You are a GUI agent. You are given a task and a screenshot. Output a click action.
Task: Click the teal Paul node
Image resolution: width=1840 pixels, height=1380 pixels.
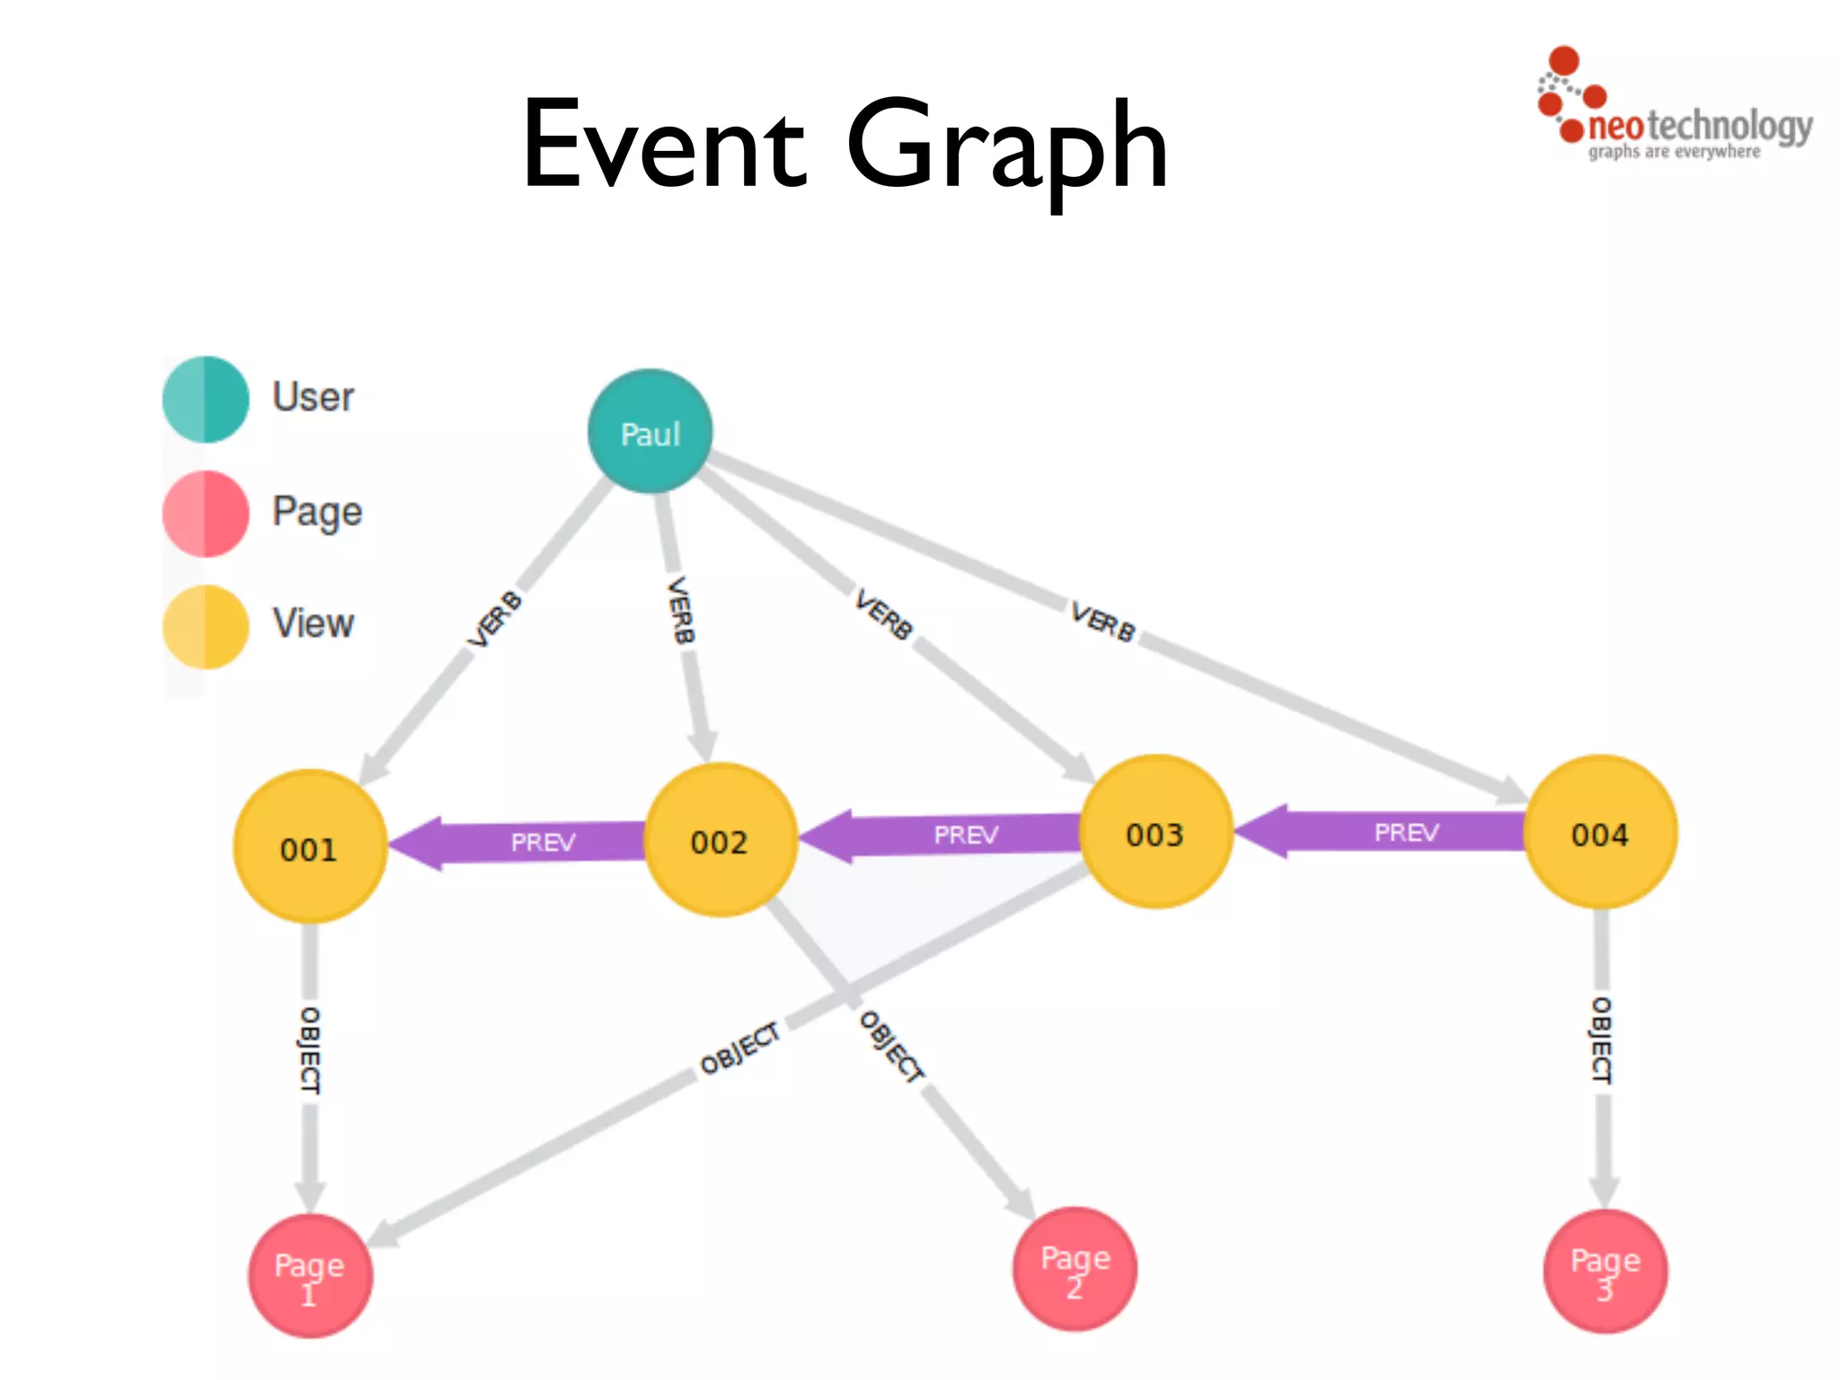pyautogui.click(x=650, y=432)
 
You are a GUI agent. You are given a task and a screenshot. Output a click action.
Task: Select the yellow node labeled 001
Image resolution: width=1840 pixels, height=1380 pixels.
pyautogui.click(x=310, y=847)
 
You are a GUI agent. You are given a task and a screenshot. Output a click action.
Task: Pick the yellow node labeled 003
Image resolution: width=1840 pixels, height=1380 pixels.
pyautogui.click(x=1155, y=833)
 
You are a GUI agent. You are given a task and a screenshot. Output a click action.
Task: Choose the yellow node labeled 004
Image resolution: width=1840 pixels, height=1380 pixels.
pyautogui.click(x=1600, y=833)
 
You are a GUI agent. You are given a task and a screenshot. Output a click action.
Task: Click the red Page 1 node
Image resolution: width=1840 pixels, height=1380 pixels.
pyautogui.click(x=310, y=1276)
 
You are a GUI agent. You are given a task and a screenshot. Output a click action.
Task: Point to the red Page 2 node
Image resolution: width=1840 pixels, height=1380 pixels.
pyautogui.click(x=1075, y=1269)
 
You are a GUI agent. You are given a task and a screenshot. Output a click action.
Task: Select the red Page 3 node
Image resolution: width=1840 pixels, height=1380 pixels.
pyautogui.click(x=1605, y=1271)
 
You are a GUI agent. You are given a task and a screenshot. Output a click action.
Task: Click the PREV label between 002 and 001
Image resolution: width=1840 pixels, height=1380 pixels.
pyautogui.click(x=543, y=843)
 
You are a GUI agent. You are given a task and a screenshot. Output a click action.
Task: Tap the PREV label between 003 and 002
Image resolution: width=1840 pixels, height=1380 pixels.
pyautogui.click(x=966, y=836)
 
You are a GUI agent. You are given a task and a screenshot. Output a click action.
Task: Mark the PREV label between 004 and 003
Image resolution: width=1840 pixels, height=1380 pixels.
pyautogui.click(x=1406, y=833)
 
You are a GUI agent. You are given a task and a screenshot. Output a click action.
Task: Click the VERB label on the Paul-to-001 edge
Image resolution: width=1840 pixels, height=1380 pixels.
pyautogui.click(x=494, y=619)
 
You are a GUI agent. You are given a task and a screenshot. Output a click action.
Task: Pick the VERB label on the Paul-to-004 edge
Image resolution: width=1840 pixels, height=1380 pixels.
pyautogui.click(x=1102, y=622)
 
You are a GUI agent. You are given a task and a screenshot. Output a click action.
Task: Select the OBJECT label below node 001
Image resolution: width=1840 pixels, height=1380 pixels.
pyautogui.click(x=309, y=1049)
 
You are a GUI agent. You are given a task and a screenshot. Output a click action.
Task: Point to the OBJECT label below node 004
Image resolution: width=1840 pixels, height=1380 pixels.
pyautogui.click(x=1601, y=1039)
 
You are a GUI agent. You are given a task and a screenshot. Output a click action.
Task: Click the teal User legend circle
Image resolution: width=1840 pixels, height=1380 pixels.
pyautogui.click(x=206, y=399)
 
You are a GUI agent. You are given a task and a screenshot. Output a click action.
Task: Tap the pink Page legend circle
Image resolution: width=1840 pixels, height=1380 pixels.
pyautogui.click(x=206, y=513)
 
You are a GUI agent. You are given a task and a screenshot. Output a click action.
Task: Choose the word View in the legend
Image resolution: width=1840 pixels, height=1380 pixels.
pyautogui.click(x=314, y=624)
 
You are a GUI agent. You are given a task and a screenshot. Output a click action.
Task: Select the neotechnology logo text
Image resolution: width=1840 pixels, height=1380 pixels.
pyautogui.click(x=1698, y=127)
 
